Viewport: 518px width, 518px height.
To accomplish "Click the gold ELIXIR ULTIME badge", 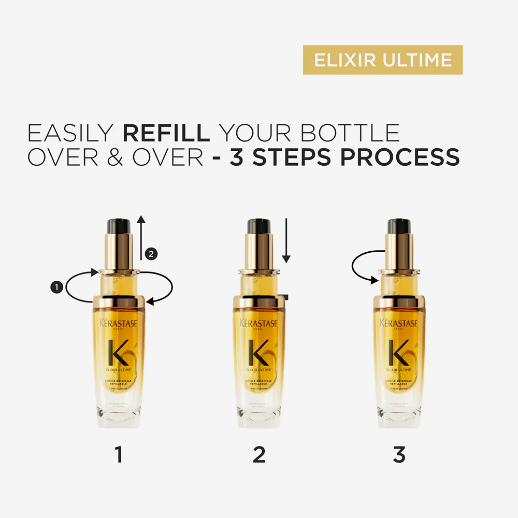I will click(382, 60).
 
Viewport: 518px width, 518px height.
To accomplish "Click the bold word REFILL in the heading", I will click(166, 133).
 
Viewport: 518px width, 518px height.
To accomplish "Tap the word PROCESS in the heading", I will click(399, 157).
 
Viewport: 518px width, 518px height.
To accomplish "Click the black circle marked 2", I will click(151, 254).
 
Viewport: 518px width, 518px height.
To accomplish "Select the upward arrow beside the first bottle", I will click(140, 238).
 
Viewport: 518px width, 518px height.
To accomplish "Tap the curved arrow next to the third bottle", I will click(363, 267).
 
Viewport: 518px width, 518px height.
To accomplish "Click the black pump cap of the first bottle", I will click(119, 226).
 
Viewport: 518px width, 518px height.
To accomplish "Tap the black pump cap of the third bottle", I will click(399, 226).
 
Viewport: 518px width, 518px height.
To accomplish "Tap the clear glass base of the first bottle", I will click(119, 414).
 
